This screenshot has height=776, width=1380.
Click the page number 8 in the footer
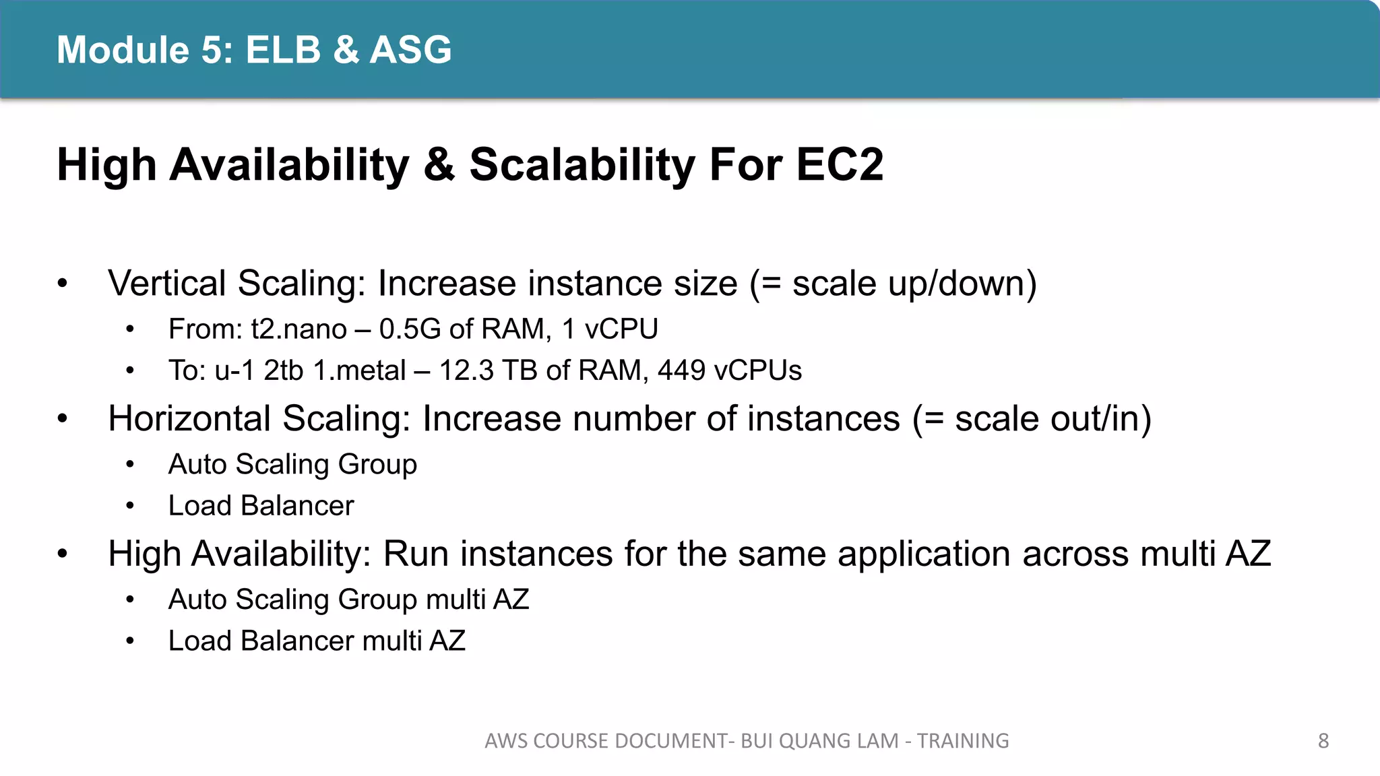point(1323,741)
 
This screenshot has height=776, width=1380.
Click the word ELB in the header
point(283,50)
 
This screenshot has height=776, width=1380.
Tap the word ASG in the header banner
point(410,50)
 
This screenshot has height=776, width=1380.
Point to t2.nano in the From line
point(299,329)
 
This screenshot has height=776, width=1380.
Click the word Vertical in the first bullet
point(167,283)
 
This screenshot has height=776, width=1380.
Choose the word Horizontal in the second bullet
point(190,418)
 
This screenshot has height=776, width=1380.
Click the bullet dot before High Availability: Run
point(63,554)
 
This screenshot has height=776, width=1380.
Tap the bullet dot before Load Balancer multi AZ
point(130,641)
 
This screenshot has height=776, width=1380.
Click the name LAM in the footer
point(877,741)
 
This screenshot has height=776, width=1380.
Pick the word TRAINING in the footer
point(963,741)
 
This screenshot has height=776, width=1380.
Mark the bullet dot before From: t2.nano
point(130,329)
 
